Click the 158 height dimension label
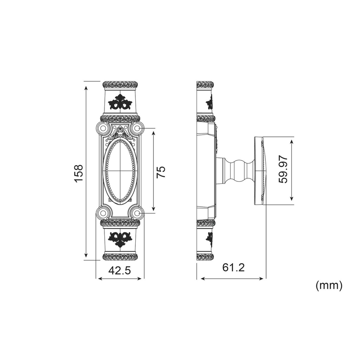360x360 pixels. [78, 173]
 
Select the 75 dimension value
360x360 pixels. [161, 172]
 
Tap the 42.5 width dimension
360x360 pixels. [120, 270]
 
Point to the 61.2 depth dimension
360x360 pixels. [233, 268]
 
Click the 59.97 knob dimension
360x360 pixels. [283, 169]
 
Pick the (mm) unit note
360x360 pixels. [329, 285]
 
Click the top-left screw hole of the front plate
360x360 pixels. [103, 128]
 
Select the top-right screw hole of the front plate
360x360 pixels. [137, 128]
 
